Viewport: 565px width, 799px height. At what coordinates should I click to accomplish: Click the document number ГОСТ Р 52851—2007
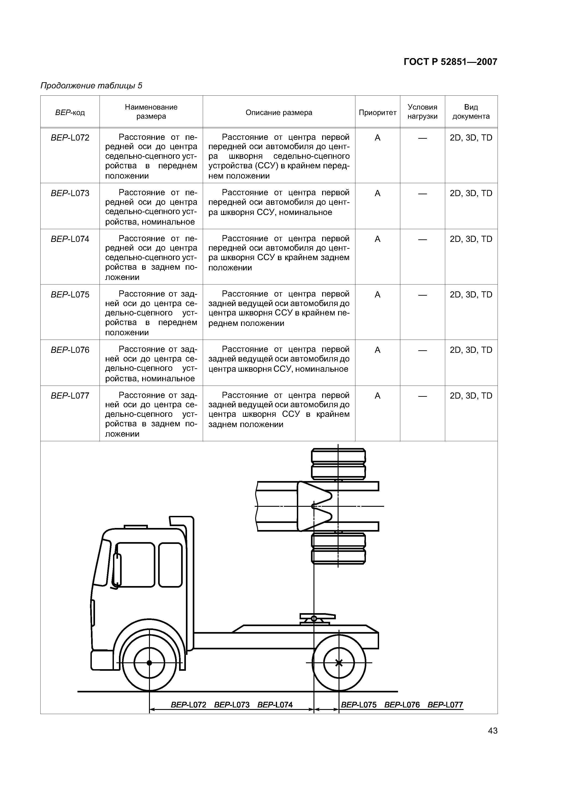450,62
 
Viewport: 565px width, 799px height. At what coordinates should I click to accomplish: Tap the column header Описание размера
279,113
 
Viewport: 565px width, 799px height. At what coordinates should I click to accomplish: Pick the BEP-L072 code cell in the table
70,138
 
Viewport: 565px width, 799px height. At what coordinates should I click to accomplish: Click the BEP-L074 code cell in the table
70,239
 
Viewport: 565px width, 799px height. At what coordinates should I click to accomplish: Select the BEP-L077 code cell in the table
70,396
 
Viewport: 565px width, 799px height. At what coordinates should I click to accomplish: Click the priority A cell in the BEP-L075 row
377,295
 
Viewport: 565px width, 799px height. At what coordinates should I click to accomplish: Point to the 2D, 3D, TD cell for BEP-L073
471,193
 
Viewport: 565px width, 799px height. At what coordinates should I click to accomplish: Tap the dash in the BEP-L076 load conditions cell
422,350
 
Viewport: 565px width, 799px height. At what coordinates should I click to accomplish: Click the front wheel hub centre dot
149,663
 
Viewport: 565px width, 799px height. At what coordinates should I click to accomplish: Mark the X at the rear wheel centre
339,663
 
